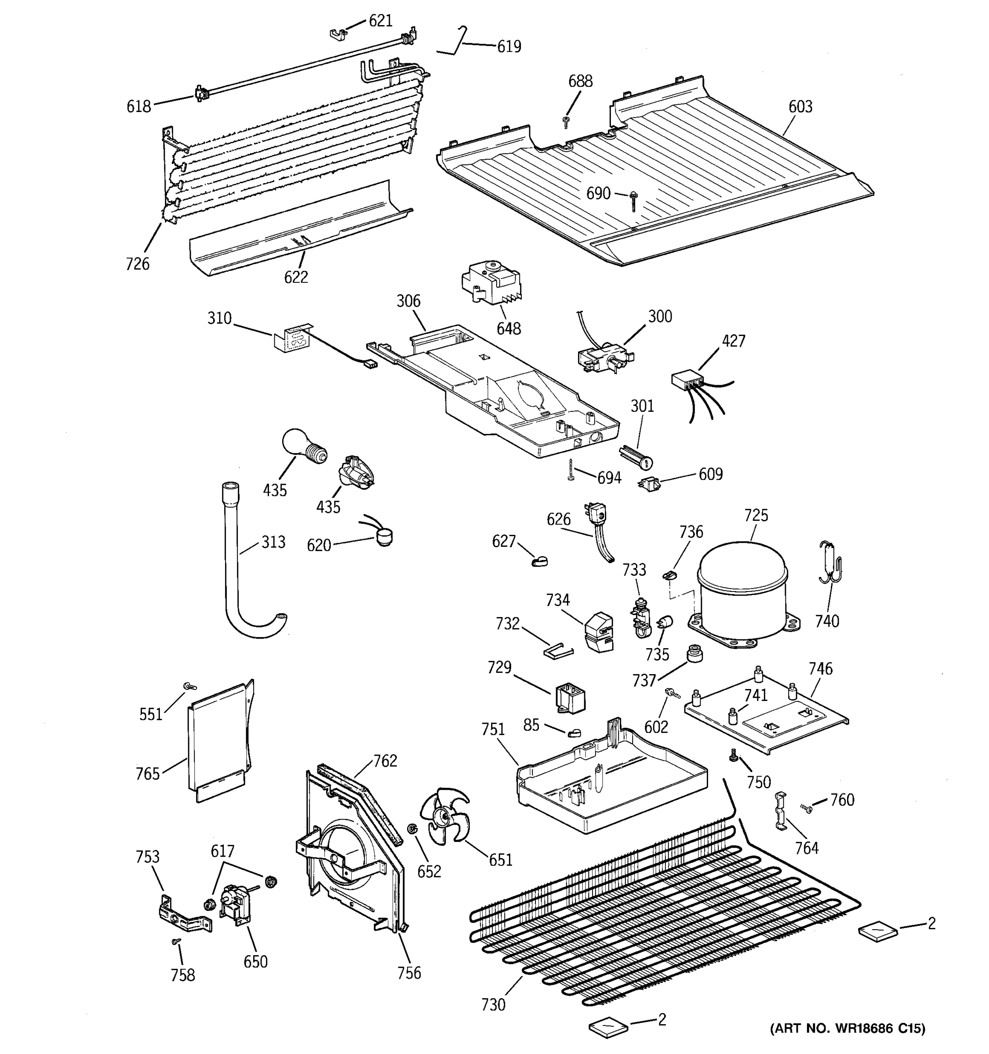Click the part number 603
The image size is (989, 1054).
point(800,107)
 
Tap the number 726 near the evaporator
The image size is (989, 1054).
point(138,263)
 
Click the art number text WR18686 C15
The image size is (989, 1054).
point(847,1029)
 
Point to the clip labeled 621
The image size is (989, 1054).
point(336,34)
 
